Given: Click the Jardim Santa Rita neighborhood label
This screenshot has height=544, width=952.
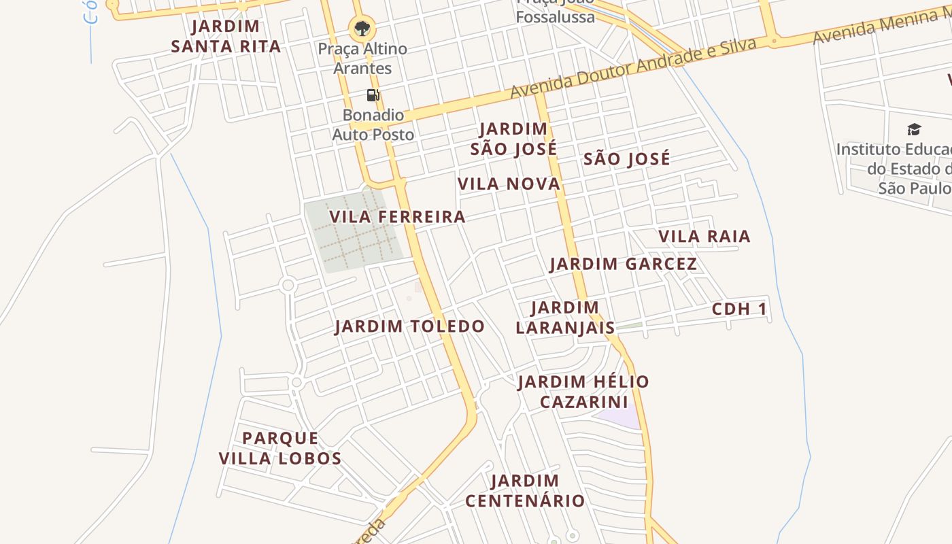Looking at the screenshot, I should (226, 37).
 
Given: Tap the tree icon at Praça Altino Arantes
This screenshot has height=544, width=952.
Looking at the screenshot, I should (362, 29).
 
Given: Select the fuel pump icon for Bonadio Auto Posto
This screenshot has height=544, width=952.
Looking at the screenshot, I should (373, 95).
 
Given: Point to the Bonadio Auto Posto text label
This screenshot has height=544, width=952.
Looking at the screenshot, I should (373, 125).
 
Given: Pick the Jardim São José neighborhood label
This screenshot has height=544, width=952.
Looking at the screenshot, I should (513, 139).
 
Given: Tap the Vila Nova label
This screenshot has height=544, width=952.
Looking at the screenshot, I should (509, 184).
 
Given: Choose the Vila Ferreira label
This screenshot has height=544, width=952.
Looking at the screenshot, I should (397, 217).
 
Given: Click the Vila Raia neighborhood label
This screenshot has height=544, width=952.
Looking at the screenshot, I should (704, 237).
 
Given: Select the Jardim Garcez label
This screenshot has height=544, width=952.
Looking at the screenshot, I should (623, 264).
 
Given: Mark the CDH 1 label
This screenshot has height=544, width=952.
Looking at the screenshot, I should (739, 309).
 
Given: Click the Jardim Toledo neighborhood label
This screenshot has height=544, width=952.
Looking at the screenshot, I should (409, 326).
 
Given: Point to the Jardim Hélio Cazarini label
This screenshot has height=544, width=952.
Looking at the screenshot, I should (583, 392).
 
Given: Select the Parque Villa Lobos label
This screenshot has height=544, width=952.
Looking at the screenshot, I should (280, 448).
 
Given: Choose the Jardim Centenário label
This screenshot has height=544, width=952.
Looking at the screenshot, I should (525, 491).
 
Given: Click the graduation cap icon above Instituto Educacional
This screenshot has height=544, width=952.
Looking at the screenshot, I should (914, 129).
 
